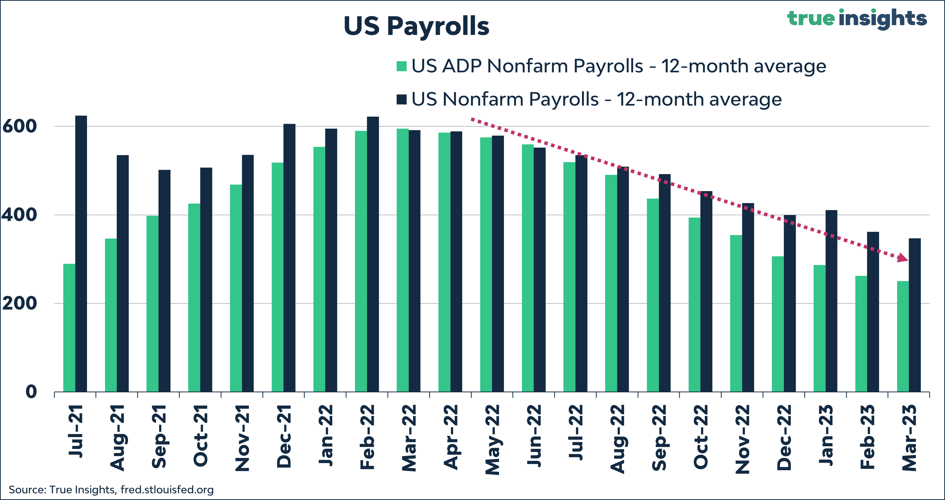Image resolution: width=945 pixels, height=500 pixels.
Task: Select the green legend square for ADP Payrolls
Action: coord(401,66)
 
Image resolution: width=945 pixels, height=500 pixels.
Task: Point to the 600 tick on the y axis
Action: coord(19,126)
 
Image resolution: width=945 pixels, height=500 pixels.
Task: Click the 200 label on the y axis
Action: coord(19,303)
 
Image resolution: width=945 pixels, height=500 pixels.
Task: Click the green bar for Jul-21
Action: coord(69,328)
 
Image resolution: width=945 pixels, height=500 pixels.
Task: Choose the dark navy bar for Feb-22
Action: coord(373,254)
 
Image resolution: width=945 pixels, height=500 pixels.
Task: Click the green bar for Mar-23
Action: coord(903,336)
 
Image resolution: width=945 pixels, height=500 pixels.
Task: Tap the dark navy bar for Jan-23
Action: coord(831,301)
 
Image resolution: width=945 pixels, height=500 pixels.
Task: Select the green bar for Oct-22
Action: coord(694,305)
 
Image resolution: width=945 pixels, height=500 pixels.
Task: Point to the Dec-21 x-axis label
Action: coord(284,436)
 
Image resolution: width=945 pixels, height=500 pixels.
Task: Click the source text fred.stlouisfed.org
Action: coord(167,490)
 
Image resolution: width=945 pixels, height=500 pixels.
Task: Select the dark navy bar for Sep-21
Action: coord(164,281)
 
